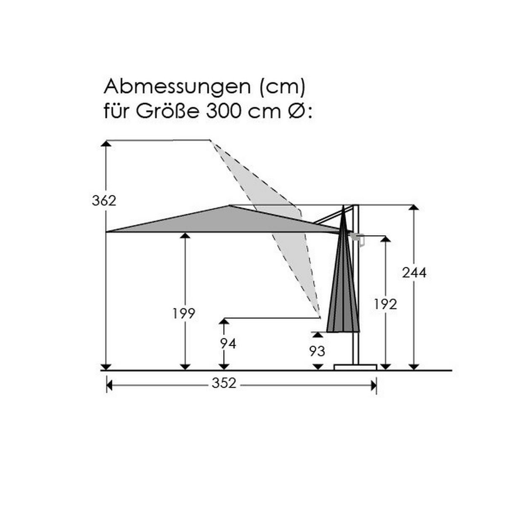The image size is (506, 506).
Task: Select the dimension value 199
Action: pos(184,313)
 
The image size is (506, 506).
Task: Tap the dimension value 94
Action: pos(228,344)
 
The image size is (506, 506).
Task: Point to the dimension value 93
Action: pos(317,351)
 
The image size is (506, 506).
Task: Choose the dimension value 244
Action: pos(414,273)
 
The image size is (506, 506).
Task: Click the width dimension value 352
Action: pos(224,383)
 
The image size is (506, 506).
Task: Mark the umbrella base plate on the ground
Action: pos(355,367)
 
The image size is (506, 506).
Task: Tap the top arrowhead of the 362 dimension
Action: pos(107,144)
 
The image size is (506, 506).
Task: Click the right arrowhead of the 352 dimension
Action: pos(373,385)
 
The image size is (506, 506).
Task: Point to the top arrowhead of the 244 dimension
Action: pos(414,208)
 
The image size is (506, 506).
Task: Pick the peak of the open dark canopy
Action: pos(229,206)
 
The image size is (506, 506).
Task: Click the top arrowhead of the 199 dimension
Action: pos(185,235)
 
